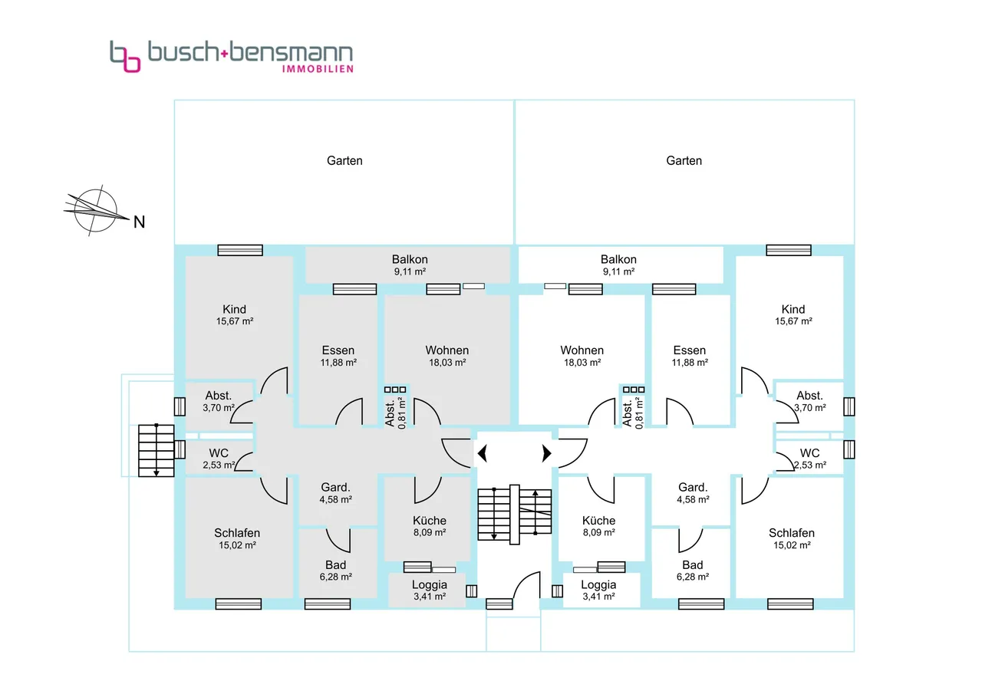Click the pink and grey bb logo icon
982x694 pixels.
(125, 56)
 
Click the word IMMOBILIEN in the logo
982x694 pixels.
(318, 69)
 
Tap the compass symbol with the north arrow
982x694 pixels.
(96, 209)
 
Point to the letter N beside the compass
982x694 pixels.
(139, 222)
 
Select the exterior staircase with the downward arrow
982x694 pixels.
(157, 449)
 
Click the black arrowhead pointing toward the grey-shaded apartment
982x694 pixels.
(482, 454)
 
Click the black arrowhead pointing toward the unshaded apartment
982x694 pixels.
(547, 454)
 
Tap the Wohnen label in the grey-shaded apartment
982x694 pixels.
(447, 350)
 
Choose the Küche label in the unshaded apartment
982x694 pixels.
(598, 520)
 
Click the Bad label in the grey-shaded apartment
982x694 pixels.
(335, 565)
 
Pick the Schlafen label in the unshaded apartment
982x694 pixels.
(792, 533)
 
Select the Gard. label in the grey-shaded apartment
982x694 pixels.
(335, 488)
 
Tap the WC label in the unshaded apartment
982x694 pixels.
(810, 453)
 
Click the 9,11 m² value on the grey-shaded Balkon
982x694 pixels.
(410, 271)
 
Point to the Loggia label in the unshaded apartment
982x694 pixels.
(598, 584)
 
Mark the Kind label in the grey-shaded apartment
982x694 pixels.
(235, 310)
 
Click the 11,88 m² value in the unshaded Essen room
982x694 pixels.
(690, 363)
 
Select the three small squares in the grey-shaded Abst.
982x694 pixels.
(395, 390)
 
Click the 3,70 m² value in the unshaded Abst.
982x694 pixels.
(810, 408)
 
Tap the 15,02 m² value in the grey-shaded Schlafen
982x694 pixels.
(237, 545)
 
